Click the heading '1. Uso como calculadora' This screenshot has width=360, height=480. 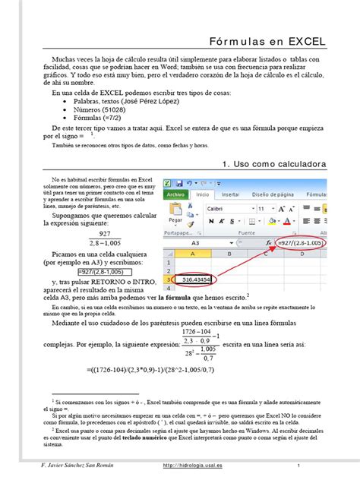274,163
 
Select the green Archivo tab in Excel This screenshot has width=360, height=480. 175,194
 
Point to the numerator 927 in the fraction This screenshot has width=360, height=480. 83,235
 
